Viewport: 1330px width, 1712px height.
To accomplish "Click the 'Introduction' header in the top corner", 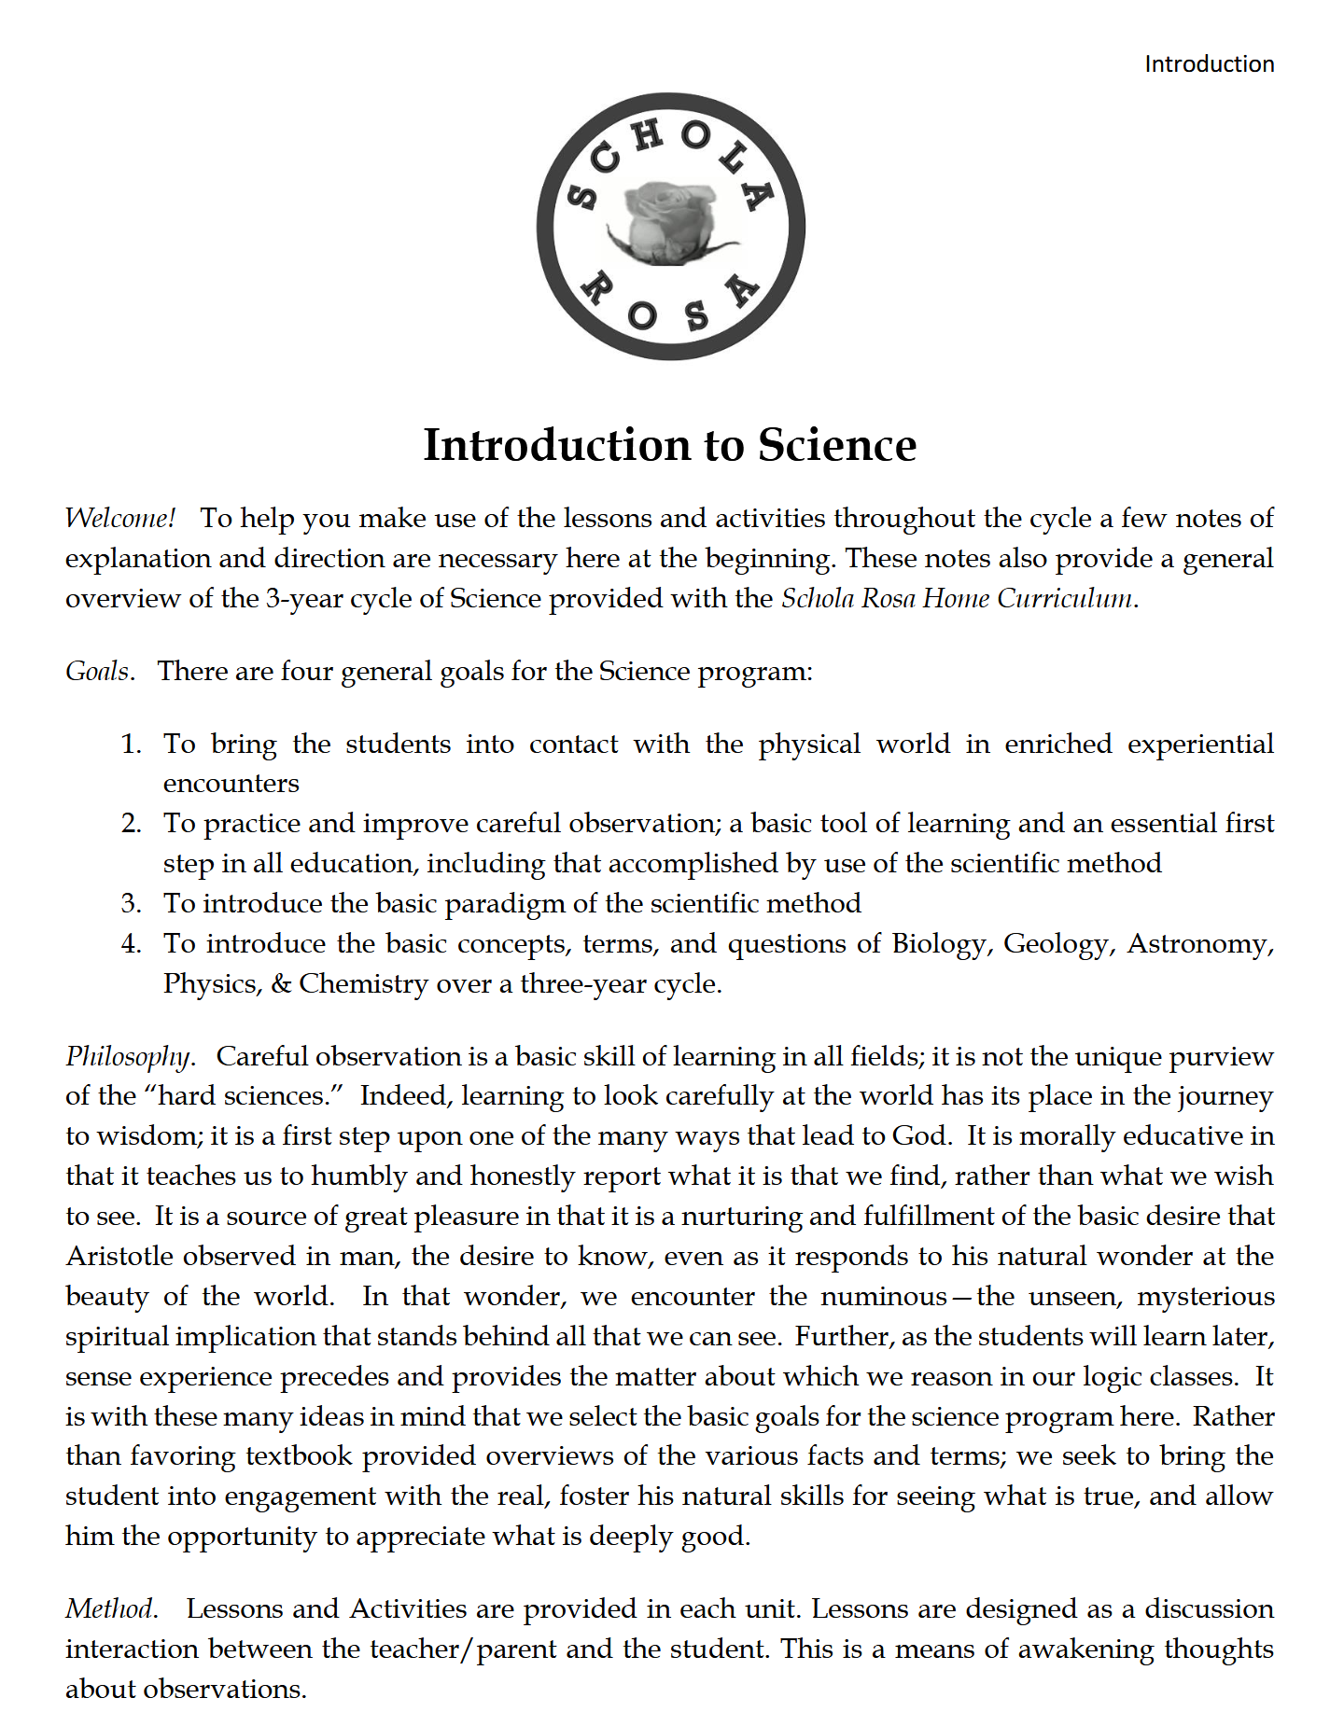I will click(x=1209, y=64).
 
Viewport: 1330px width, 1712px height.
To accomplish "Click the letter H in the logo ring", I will click(x=647, y=136).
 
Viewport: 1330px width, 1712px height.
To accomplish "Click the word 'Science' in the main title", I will click(x=836, y=445).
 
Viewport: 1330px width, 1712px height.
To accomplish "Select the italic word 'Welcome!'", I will click(x=119, y=519).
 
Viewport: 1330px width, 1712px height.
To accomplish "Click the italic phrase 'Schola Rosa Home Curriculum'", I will click(x=957, y=598).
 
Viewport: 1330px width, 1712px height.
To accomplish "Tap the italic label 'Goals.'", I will click(x=99, y=672).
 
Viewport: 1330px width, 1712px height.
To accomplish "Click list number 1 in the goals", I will click(x=131, y=745).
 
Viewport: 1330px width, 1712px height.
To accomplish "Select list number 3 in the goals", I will click(x=131, y=904).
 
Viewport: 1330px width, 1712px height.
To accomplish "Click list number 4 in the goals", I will click(x=131, y=944).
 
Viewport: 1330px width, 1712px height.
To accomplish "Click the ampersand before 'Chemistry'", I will click(x=281, y=984).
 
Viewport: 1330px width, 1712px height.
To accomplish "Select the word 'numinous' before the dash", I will click(x=883, y=1297).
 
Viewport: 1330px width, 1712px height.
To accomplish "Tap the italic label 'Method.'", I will click(x=110, y=1609).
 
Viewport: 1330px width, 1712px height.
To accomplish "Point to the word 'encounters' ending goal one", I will click(x=231, y=784).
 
